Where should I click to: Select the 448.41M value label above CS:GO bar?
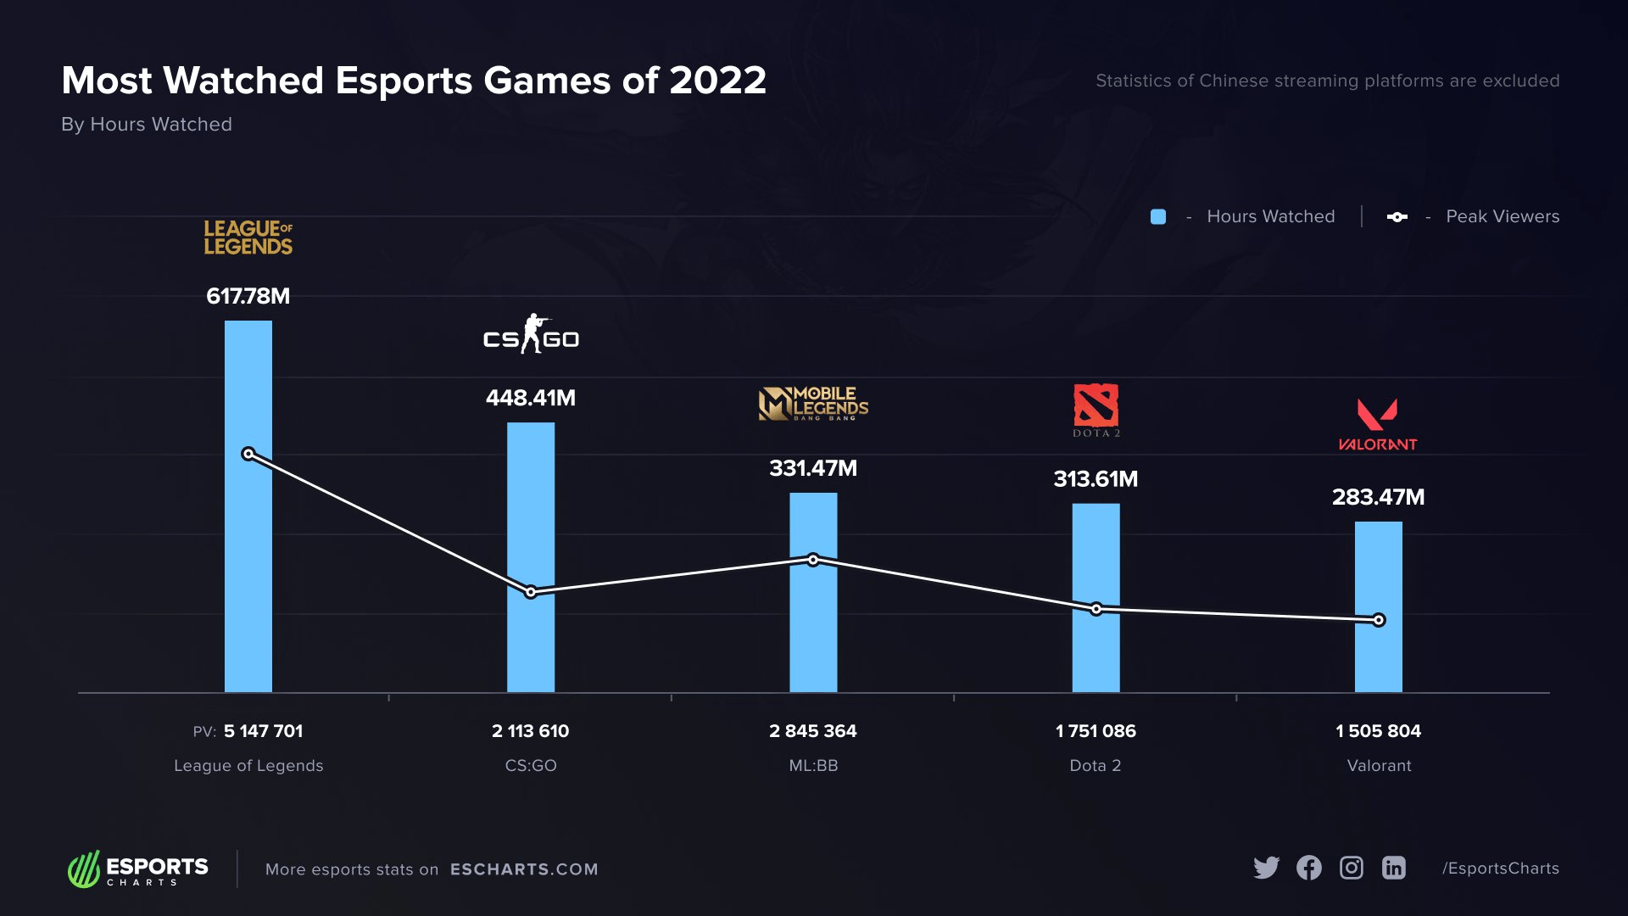pos(531,398)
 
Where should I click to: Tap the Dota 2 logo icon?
pos(1096,406)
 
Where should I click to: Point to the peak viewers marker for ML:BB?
pos(813,560)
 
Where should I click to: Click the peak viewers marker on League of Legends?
pos(248,454)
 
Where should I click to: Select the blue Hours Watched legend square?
pos(1158,217)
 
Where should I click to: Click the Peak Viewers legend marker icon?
pos(1397,217)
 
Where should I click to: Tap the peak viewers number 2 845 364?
pos(812,731)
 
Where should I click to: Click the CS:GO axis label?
pos(531,766)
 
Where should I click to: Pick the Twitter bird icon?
pos(1266,868)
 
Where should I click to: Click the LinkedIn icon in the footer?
pos(1393,868)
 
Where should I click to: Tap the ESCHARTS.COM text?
pos(524,869)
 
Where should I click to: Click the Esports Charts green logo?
pos(84,869)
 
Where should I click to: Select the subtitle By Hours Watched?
pos(147,125)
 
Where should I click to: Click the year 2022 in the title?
pos(717,81)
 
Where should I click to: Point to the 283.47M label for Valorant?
pos(1378,497)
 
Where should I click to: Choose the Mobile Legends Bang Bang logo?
pos(813,405)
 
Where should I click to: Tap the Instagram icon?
pos(1351,868)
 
